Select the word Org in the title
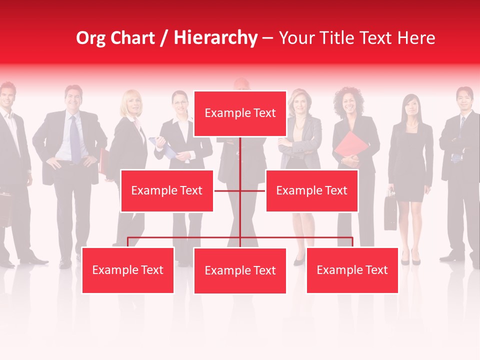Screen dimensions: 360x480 pyautogui.click(x=91, y=38)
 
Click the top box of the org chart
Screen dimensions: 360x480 pyautogui.click(x=240, y=113)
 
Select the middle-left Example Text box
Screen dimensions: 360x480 pyautogui.click(x=167, y=191)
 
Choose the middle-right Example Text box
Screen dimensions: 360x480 pyautogui.click(x=311, y=191)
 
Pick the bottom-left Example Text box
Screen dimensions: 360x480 pyautogui.click(x=128, y=270)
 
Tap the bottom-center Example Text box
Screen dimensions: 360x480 pyautogui.click(x=240, y=271)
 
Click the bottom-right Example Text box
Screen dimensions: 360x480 pyautogui.click(x=352, y=270)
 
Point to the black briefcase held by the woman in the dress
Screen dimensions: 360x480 pyautogui.click(x=390, y=212)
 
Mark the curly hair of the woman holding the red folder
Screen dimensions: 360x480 pyautogui.click(x=348, y=95)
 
